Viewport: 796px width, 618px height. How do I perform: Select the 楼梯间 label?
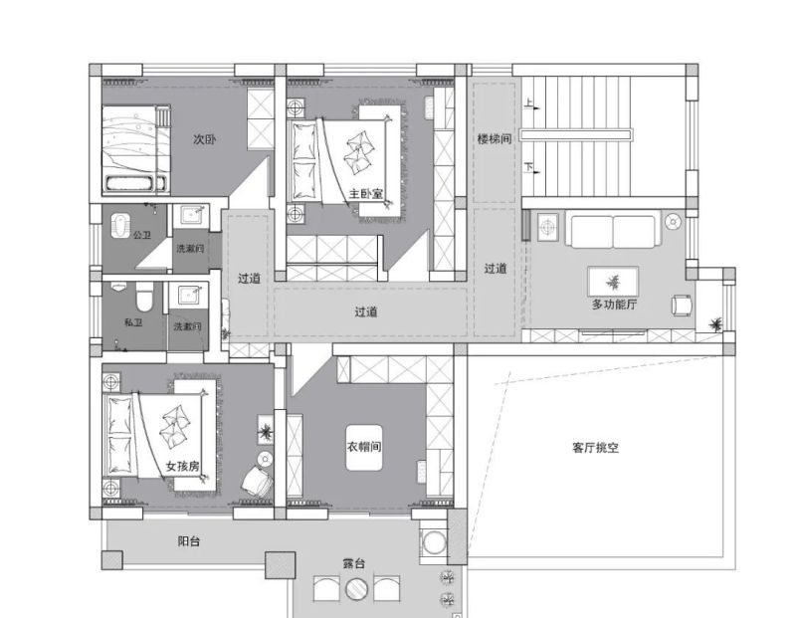pos(494,139)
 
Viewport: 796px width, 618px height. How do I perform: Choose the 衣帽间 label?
pos(364,445)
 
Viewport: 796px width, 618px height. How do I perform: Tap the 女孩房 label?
pos(183,466)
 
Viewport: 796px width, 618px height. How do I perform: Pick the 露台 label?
pos(354,564)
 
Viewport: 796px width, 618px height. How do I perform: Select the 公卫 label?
pos(142,236)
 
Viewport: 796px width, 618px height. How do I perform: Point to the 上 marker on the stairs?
pos(528,103)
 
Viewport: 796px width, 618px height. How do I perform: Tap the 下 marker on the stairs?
pos(528,167)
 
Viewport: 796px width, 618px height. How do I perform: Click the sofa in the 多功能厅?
pos(612,231)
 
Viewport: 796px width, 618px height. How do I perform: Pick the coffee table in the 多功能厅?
pos(613,280)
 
